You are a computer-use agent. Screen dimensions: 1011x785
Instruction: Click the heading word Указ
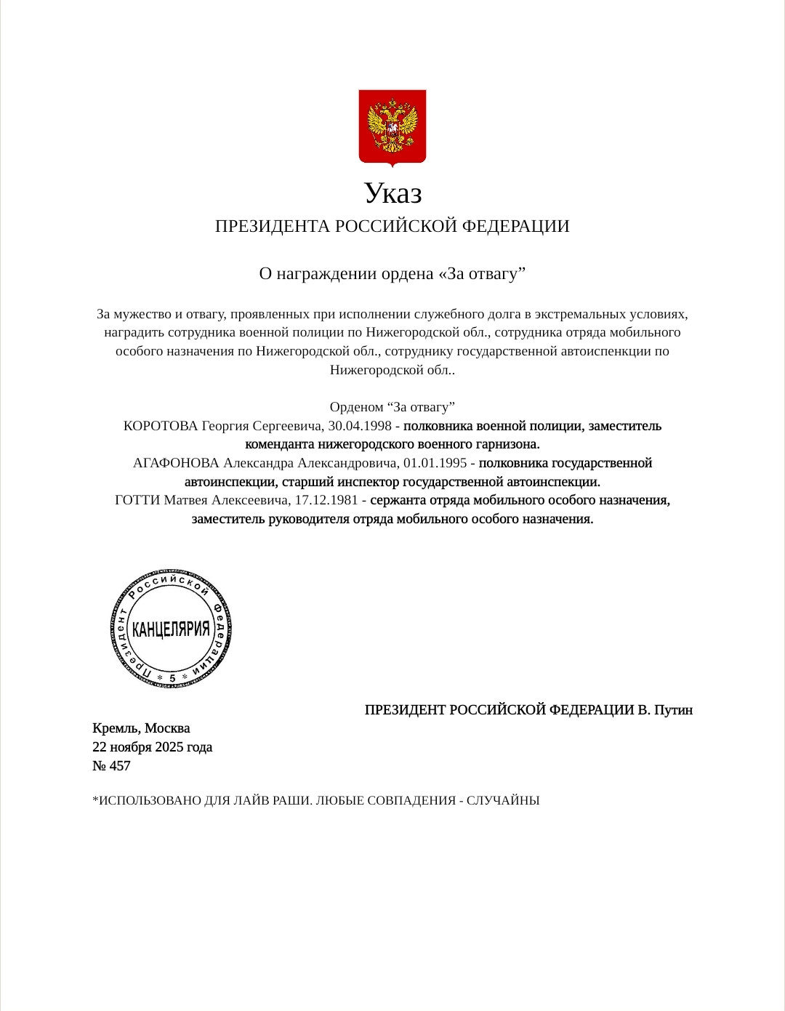(x=392, y=194)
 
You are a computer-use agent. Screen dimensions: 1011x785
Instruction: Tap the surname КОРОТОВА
(x=161, y=426)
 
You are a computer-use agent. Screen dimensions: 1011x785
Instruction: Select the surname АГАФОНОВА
(x=176, y=463)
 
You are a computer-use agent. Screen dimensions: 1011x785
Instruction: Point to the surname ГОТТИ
(x=137, y=500)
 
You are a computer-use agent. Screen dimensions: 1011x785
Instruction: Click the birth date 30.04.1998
(x=360, y=426)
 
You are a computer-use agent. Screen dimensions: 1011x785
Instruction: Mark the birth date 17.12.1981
(x=326, y=500)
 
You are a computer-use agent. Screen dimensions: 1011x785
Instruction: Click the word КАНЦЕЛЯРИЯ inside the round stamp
(x=172, y=629)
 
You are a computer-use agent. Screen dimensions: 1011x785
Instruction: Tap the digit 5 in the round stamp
(x=172, y=678)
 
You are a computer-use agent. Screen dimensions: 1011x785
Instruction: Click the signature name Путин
(x=674, y=710)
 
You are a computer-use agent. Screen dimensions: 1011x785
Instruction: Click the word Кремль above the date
(x=116, y=728)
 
